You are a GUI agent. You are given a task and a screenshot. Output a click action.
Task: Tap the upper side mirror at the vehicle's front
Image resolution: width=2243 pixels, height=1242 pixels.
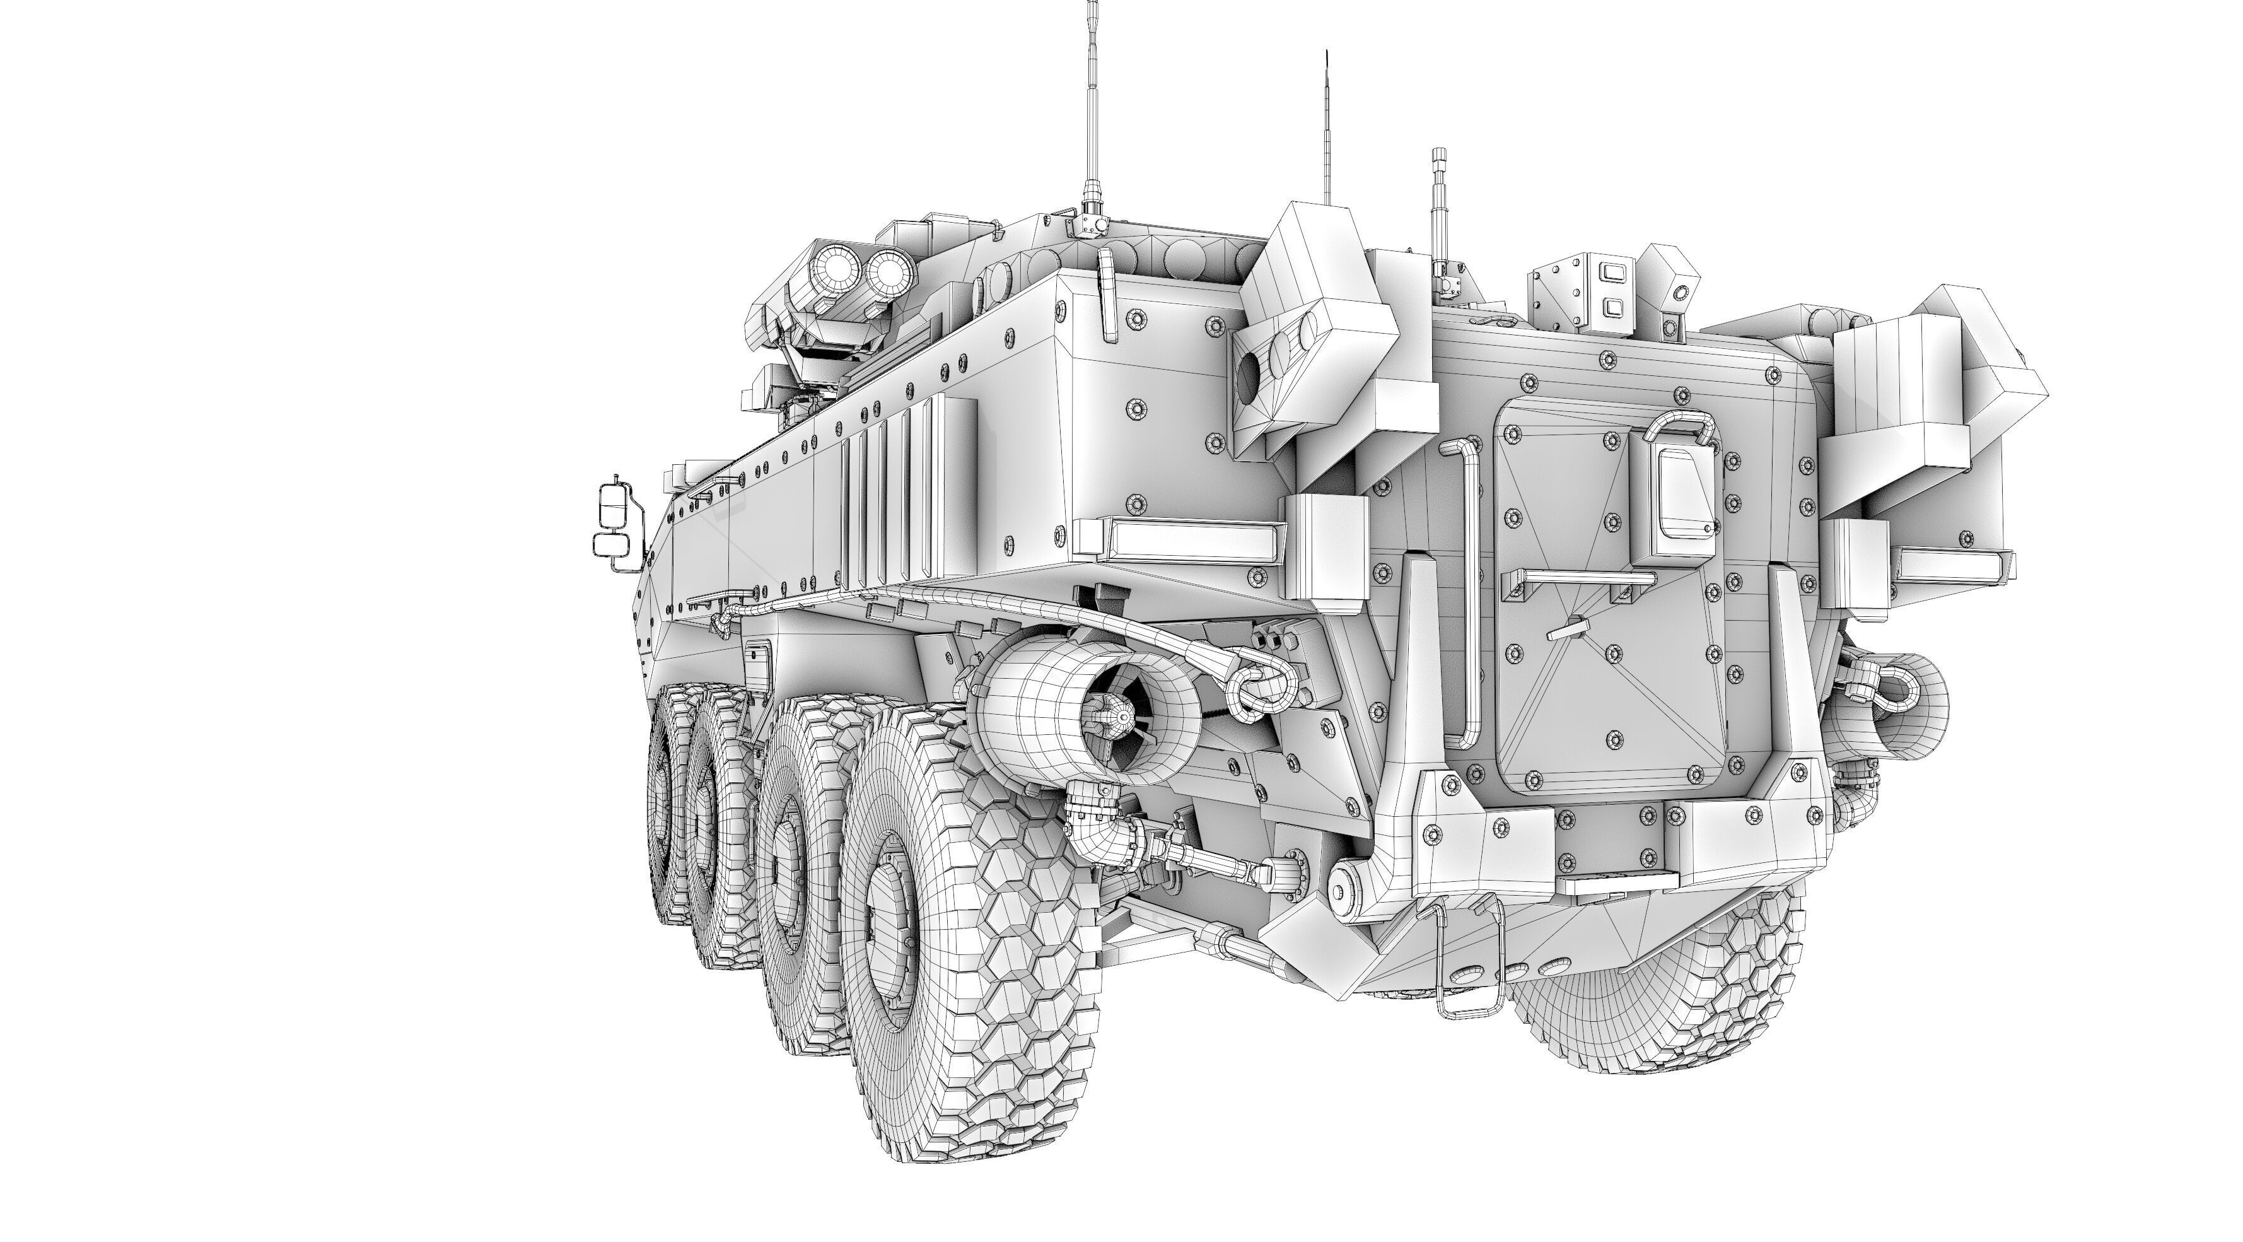tap(612, 507)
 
